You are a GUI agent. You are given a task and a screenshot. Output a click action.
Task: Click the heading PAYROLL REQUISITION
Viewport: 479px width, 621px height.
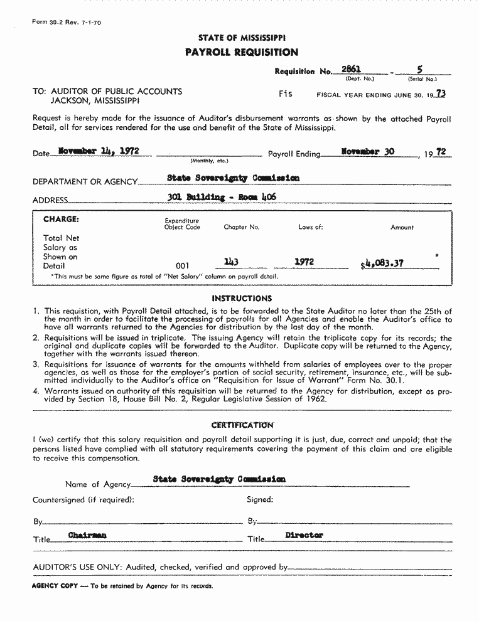click(242, 52)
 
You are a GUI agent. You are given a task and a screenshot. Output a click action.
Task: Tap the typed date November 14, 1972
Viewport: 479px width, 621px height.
click(98, 151)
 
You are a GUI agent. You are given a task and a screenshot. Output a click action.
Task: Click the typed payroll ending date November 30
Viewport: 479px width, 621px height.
click(368, 151)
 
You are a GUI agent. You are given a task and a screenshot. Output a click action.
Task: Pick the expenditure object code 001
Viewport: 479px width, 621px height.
click(182, 266)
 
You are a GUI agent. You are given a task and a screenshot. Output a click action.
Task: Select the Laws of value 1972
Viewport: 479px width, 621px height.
click(304, 262)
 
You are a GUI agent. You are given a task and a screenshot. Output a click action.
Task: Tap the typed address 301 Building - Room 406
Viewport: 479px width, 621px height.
click(222, 196)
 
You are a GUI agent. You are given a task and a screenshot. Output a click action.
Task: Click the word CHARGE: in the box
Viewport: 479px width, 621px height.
click(61, 220)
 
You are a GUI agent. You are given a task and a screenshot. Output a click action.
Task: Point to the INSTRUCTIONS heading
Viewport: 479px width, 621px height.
click(242, 299)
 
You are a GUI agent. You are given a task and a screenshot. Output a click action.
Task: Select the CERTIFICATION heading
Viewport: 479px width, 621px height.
click(242, 425)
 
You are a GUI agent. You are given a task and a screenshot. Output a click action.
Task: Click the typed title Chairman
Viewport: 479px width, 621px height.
click(87, 535)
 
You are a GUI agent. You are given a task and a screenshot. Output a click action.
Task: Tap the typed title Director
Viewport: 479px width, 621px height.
click(304, 535)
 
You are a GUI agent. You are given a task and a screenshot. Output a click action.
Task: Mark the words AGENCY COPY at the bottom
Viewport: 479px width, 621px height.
click(54, 586)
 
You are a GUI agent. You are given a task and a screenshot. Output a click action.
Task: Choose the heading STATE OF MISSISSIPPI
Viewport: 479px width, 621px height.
click(242, 38)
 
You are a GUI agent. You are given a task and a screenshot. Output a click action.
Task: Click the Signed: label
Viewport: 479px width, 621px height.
click(260, 500)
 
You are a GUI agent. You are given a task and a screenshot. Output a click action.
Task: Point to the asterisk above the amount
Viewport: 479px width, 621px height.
click(436, 256)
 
